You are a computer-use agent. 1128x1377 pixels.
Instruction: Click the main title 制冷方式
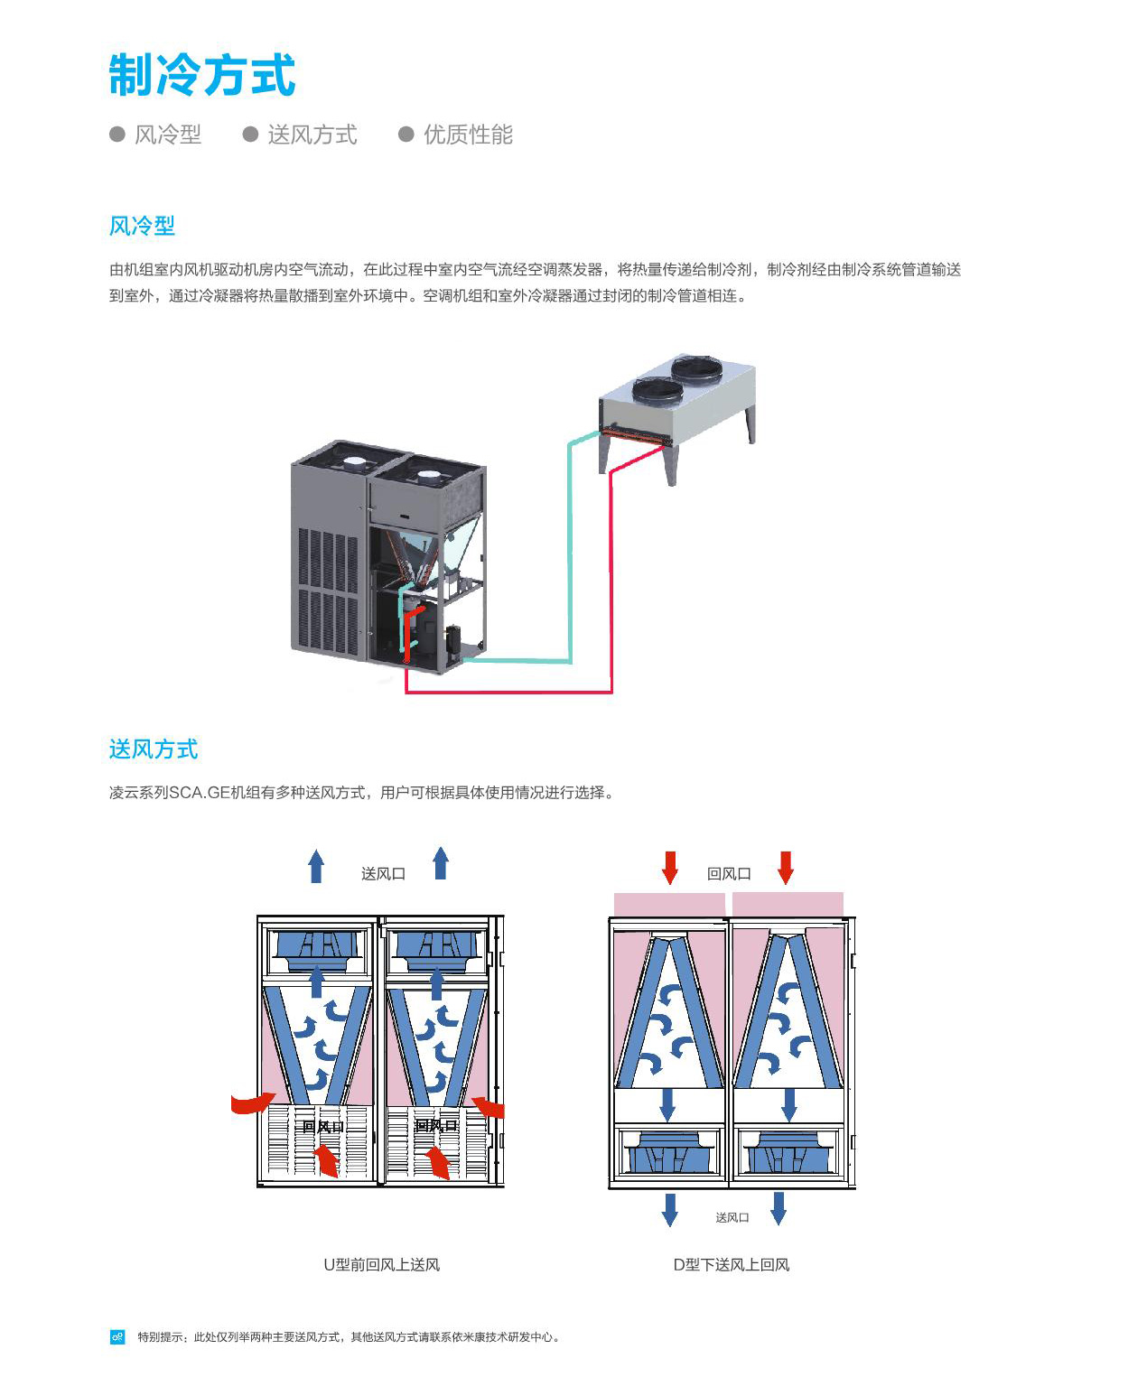pyautogui.click(x=202, y=74)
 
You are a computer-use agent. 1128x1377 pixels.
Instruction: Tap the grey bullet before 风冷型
pyautogui.click(x=117, y=135)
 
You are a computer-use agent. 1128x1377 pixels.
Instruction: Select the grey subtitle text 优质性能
pyautogui.click(x=468, y=135)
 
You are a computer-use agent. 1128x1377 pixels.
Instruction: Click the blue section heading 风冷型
pyautogui.click(x=142, y=226)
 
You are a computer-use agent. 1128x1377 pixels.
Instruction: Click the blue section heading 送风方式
pyautogui.click(x=154, y=749)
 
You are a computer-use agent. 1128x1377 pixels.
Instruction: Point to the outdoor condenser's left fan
pyautogui.click(x=657, y=390)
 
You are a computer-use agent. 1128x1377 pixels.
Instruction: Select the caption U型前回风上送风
pyautogui.click(x=381, y=1264)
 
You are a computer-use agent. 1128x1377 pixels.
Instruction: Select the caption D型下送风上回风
pyautogui.click(x=732, y=1264)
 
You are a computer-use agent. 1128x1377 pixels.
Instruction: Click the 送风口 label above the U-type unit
pyautogui.click(x=383, y=873)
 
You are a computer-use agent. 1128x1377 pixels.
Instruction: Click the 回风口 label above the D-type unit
pyautogui.click(x=729, y=873)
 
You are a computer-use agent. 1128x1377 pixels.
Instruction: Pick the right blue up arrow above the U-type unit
pyautogui.click(x=441, y=863)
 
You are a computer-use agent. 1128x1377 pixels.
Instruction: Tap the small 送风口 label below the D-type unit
pyautogui.click(x=732, y=1217)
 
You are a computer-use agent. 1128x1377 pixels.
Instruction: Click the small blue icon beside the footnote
pyautogui.click(x=117, y=1336)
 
